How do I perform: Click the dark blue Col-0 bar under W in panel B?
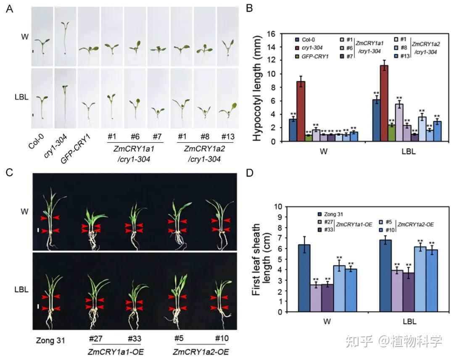pos(293,130)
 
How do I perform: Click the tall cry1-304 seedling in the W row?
pos(65,38)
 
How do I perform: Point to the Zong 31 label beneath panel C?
pos(50,339)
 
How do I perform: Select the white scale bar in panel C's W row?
pos(38,230)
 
